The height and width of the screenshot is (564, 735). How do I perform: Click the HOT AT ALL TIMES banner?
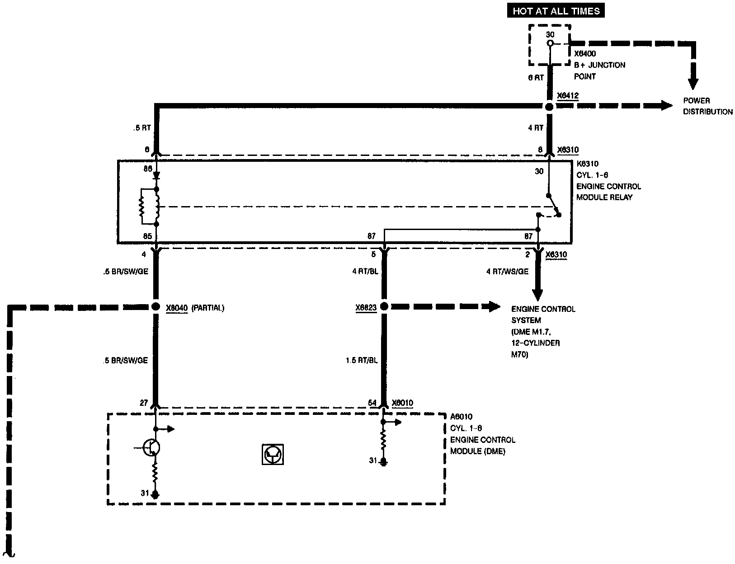coord(556,11)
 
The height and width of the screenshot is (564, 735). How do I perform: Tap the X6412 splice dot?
coord(549,107)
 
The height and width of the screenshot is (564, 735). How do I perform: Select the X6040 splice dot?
coord(156,306)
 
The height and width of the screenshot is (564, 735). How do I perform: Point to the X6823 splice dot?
coord(384,306)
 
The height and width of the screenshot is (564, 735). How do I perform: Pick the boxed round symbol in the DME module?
coord(273,454)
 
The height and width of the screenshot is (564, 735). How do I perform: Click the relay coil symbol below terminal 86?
coord(157,207)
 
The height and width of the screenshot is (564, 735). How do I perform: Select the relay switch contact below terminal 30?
coord(554,206)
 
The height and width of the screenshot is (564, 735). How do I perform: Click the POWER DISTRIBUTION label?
coord(707,106)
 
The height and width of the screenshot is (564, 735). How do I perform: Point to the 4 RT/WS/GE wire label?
coord(507,272)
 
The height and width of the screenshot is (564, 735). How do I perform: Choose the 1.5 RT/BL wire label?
coord(362,360)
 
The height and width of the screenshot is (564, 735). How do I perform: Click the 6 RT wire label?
coord(536,78)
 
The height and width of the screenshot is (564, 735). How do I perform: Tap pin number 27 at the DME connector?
coord(144,403)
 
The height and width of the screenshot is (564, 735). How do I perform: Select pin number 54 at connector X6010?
coord(372,403)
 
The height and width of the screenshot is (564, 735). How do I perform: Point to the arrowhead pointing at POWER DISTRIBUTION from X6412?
coord(667,106)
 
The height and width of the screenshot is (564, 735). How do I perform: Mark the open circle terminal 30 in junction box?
coord(550,43)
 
